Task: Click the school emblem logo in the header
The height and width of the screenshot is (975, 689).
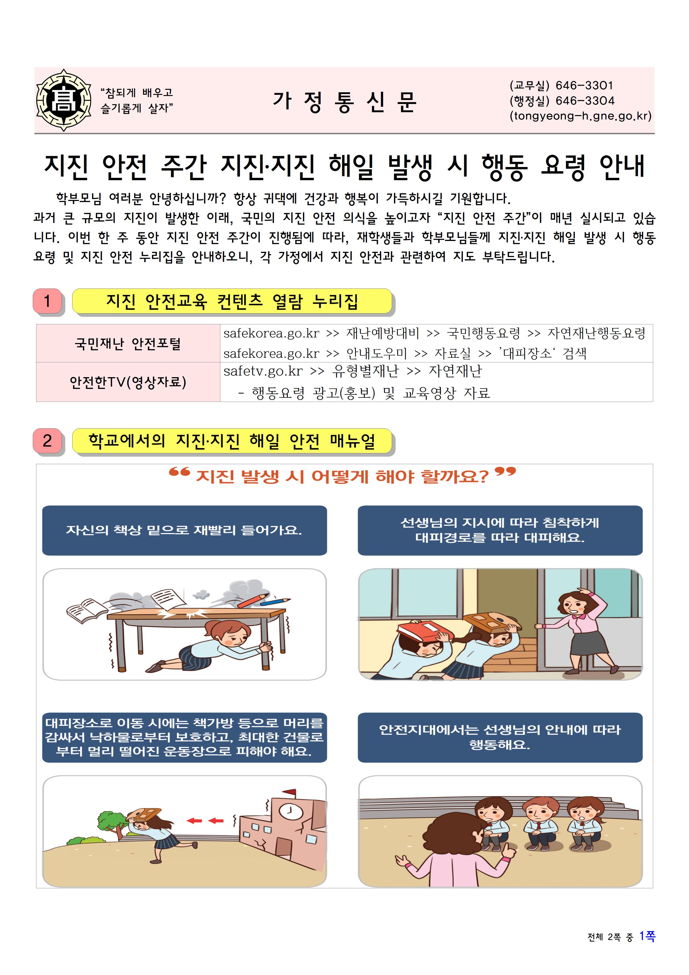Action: pyautogui.click(x=64, y=100)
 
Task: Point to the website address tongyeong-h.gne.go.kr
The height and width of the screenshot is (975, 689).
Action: pyautogui.click(x=580, y=116)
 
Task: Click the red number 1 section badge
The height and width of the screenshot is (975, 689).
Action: pyautogui.click(x=48, y=301)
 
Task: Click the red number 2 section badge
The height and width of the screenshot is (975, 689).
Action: pyautogui.click(x=48, y=441)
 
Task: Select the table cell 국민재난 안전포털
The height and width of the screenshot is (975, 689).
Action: pyautogui.click(x=128, y=343)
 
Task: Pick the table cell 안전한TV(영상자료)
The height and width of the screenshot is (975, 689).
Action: pyautogui.click(x=128, y=382)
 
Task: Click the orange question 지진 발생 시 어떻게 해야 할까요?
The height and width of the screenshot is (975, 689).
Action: pyautogui.click(x=342, y=476)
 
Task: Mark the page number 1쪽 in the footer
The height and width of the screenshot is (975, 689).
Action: pyautogui.click(x=647, y=936)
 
